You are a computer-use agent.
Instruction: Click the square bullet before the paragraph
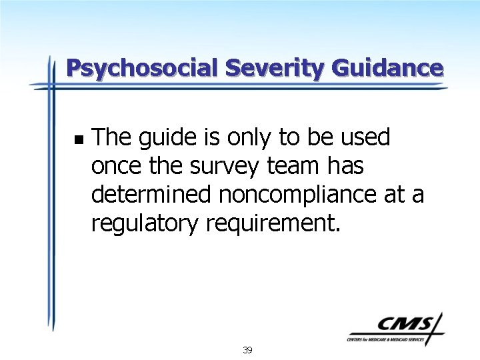click(79, 140)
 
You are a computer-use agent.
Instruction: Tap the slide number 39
click(247, 350)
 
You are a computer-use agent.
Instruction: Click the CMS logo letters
click(403, 325)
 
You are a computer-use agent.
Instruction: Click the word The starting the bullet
click(110, 137)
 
